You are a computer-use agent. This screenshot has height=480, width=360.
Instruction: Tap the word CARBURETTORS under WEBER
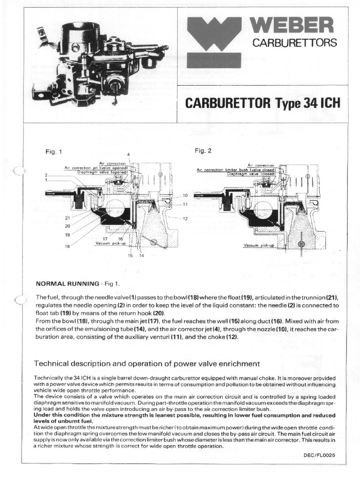click(295, 43)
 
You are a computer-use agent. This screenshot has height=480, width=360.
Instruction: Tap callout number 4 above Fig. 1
click(128, 155)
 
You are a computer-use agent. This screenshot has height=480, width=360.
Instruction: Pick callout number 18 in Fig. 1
click(67, 246)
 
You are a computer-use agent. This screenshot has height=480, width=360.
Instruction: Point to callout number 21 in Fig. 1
click(67, 218)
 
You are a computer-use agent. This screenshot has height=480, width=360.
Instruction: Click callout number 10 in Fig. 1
click(185, 195)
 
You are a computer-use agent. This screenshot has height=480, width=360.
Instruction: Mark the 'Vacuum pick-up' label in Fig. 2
click(259, 246)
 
